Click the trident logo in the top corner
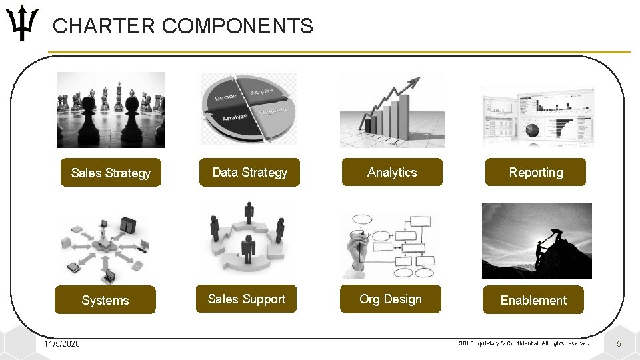coord(24,23)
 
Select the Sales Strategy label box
coord(111,173)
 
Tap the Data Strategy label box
coord(249,172)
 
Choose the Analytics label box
coord(392,172)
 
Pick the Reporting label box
coord(535,172)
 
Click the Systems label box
coord(105,300)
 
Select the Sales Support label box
coord(246,299)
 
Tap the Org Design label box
coord(391,299)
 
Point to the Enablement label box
coord(533,300)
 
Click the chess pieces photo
coord(111,109)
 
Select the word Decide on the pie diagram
coord(226,97)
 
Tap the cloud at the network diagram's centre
coord(105,245)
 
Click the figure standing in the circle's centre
coord(249,248)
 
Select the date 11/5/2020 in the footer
coord(61,343)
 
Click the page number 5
coord(619,343)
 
